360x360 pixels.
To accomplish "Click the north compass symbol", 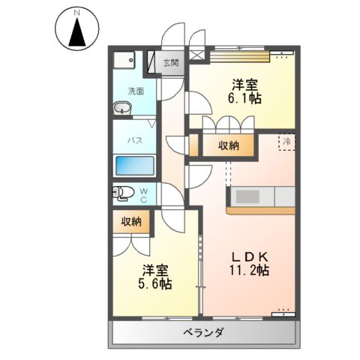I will click(76, 30).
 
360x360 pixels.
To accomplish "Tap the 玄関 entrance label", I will click(171, 63).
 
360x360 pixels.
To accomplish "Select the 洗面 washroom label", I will click(134, 91).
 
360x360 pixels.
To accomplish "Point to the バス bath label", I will click(135, 139).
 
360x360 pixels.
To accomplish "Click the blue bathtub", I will click(135, 165).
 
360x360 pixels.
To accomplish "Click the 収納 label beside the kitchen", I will click(228, 145).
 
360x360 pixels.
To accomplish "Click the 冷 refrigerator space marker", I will click(286, 141).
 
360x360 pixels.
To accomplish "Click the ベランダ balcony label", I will click(203, 333).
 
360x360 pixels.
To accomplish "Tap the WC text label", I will click(144, 194).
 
